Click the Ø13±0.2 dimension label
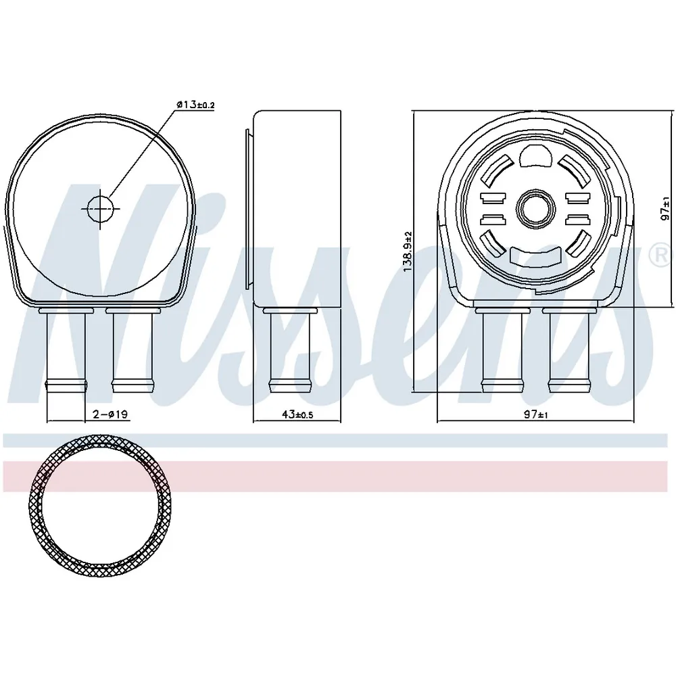(x=195, y=104)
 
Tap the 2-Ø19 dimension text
(x=110, y=414)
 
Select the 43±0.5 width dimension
(x=297, y=414)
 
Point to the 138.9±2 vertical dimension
(x=408, y=251)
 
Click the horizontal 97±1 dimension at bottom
(x=536, y=414)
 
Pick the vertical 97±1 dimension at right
(x=667, y=209)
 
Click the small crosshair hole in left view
(x=100, y=209)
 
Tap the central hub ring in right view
(x=535, y=209)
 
